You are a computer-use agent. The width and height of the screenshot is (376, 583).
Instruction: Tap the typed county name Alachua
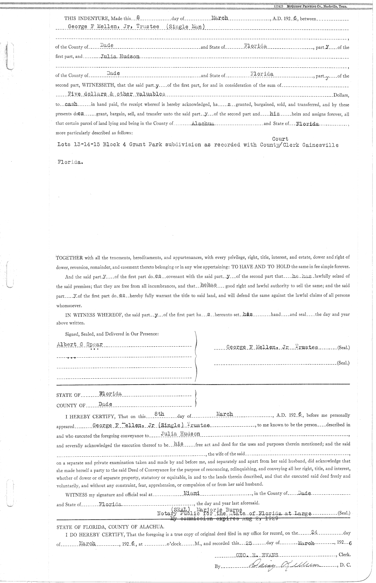(x=202, y=123)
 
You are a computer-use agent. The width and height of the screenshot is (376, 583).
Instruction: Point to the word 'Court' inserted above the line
(x=280, y=139)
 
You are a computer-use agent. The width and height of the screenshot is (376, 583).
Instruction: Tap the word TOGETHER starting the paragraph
(x=69, y=258)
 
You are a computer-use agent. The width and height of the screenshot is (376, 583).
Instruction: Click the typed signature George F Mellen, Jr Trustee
(x=272, y=347)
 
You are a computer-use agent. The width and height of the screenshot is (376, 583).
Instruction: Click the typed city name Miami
(x=191, y=493)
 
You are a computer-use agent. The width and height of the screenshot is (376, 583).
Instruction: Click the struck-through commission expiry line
(x=224, y=519)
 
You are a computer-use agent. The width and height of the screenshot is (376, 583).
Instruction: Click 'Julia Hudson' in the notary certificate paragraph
(x=180, y=434)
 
